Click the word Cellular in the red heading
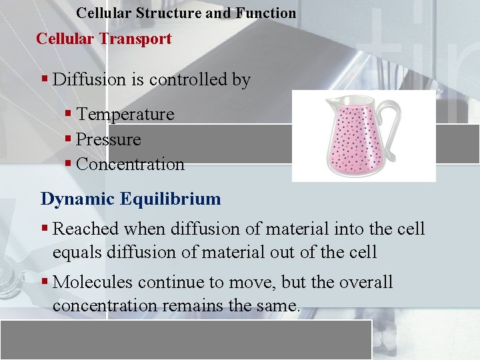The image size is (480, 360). [x=65, y=39]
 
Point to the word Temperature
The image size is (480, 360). [x=125, y=115]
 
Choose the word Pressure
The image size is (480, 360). [x=109, y=140]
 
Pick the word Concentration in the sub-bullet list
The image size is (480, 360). [x=130, y=165]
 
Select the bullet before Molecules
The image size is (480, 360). [x=45, y=282]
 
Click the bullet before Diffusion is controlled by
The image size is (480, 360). [x=45, y=80]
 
